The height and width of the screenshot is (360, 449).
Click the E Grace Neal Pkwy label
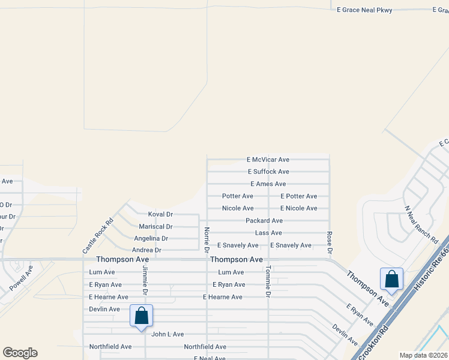(364, 10)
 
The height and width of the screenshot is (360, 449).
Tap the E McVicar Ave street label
(268, 160)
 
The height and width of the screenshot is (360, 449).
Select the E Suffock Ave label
(268, 172)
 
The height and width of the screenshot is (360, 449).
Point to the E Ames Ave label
(268, 184)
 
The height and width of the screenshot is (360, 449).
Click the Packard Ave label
(264, 221)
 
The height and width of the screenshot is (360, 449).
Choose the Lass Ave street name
(268, 233)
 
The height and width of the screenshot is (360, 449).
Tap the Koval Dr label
(160, 214)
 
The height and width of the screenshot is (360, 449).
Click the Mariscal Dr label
(155, 227)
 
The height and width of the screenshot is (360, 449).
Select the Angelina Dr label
(151, 238)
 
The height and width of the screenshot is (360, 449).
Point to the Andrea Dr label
(146, 250)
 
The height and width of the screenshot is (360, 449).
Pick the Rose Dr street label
(329, 242)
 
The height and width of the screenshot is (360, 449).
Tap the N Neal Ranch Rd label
(421, 224)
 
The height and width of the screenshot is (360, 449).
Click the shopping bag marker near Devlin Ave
(141, 315)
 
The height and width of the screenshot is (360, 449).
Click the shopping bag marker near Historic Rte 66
(391, 279)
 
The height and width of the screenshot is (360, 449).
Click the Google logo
(20, 353)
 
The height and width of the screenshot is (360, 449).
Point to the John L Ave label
(167, 334)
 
